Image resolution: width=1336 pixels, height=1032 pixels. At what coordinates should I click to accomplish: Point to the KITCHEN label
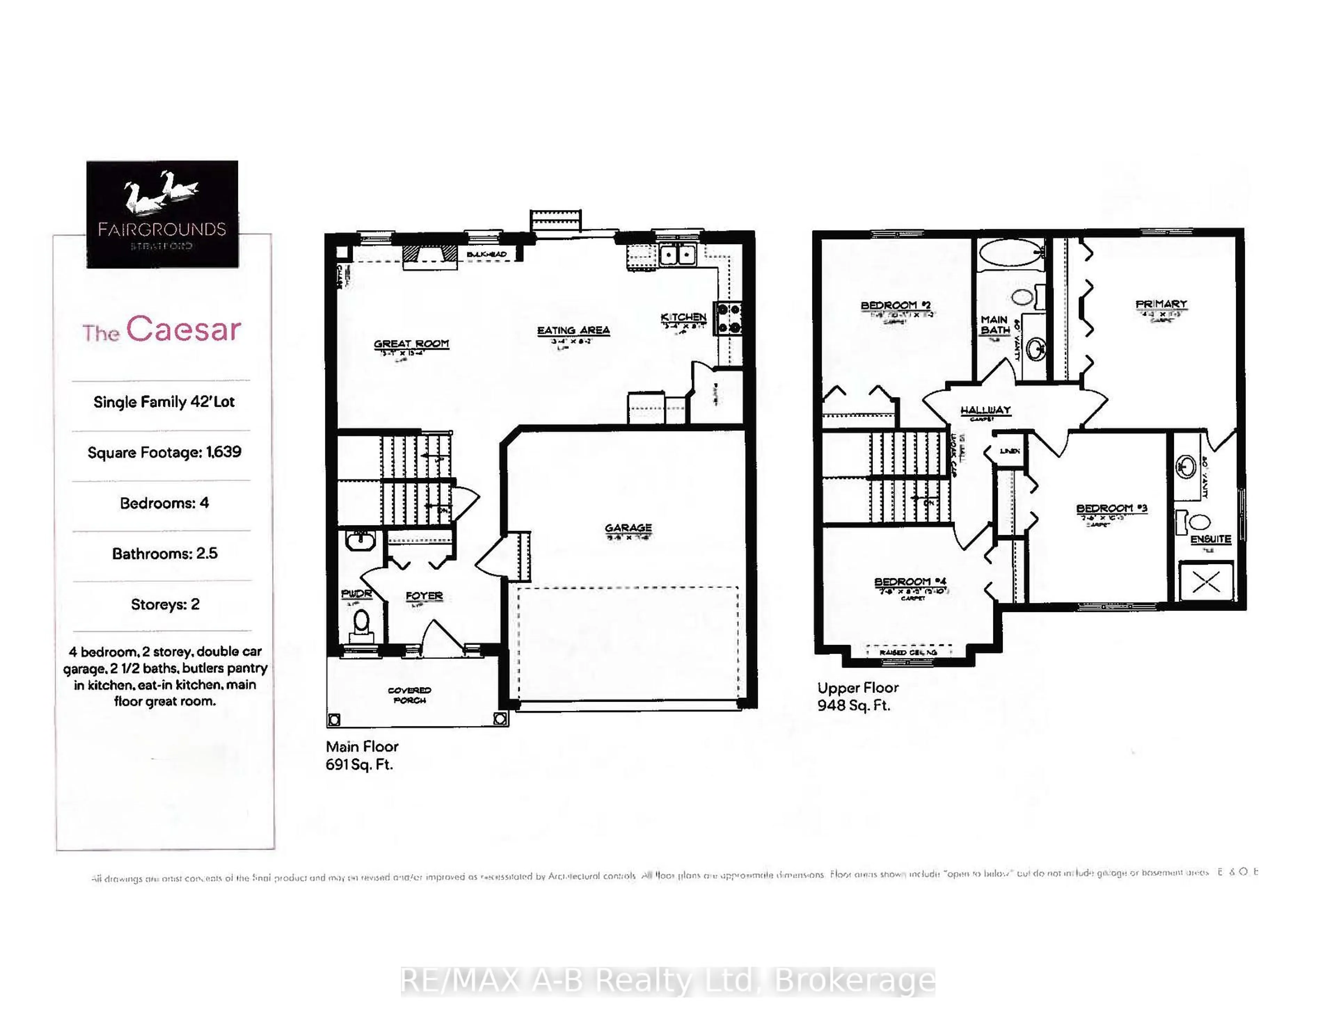point(683,317)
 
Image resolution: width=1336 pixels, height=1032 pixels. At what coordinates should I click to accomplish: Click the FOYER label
point(424,596)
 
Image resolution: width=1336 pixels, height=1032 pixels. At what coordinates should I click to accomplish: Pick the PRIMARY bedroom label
point(1160,304)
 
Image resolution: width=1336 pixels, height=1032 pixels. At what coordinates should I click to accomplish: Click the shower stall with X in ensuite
point(1206,581)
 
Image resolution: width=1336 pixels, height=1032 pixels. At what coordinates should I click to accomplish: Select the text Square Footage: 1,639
point(164,452)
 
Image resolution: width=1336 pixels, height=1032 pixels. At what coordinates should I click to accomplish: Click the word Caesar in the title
point(183,330)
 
